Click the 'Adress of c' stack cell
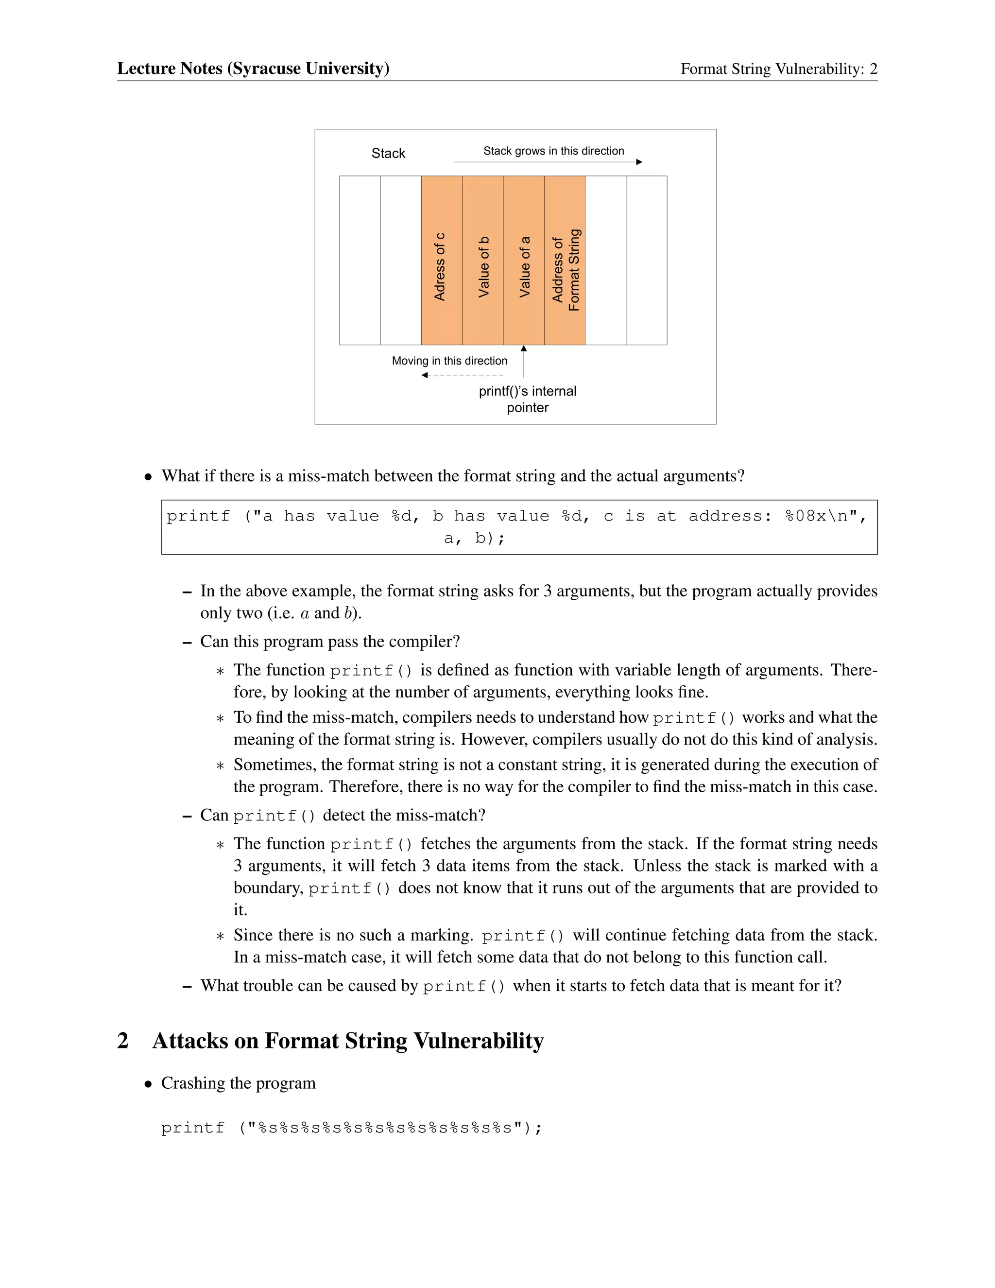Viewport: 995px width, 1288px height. point(441,260)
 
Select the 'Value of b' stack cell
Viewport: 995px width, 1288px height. point(483,260)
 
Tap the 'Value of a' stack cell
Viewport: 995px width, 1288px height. point(523,260)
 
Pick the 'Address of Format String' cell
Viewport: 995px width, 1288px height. point(565,260)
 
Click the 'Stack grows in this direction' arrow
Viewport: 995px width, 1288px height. point(548,161)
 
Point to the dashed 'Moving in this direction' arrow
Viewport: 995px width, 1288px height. point(463,376)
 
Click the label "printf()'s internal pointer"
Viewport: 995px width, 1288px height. point(528,399)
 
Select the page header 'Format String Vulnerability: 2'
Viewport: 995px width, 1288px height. point(779,69)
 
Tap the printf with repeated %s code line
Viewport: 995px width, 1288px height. point(351,1128)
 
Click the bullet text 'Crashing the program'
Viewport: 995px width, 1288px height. point(238,1083)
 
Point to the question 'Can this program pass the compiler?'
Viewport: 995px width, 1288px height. point(329,641)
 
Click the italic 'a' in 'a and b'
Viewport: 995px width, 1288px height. point(305,613)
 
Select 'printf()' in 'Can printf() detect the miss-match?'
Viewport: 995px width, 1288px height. point(274,816)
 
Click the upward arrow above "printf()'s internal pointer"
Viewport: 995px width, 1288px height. point(523,361)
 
